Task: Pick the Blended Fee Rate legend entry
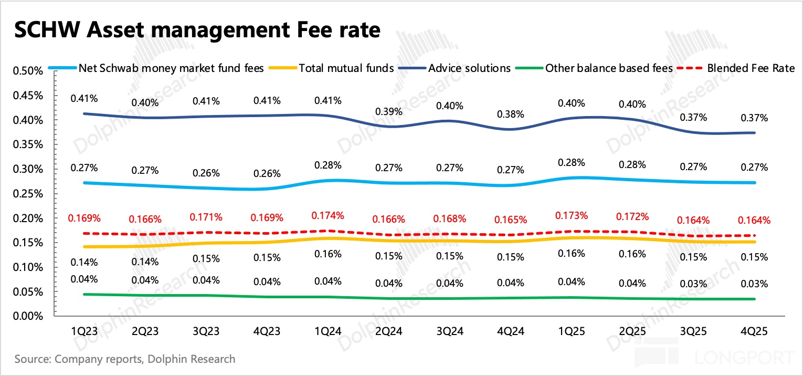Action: (x=751, y=68)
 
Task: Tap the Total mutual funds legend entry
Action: (x=346, y=68)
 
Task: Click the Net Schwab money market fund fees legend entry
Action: (x=171, y=68)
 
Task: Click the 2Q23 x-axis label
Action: (x=145, y=332)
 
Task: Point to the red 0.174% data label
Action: (x=328, y=215)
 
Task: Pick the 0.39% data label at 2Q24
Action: (x=389, y=111)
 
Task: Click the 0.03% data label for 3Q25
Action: (x=694, y=284)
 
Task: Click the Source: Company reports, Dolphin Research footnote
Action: (x=125, y=360)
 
